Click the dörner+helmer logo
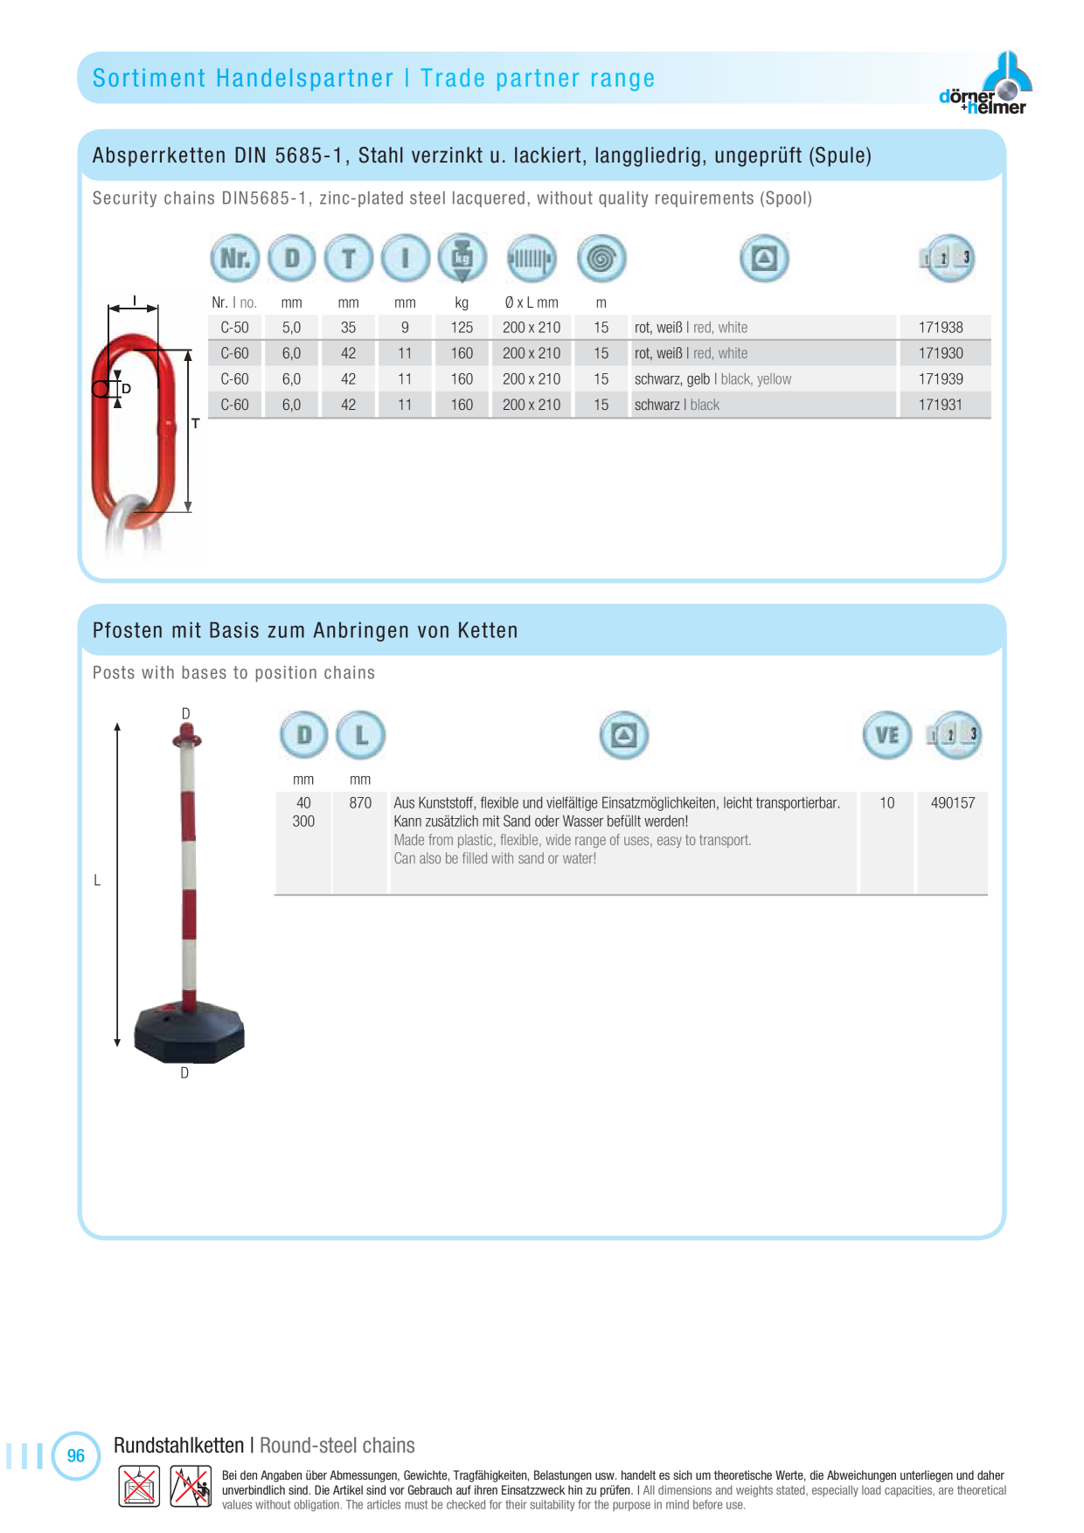click(985, 84)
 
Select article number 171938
click(941, 328)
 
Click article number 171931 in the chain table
click(941, 406)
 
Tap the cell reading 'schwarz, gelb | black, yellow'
click(712, 379)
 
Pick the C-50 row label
click(234, 328)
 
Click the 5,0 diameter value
click(291, 328)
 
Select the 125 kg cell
click(462, 328)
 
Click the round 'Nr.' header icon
click(235, 259)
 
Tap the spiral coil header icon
click(601, 259)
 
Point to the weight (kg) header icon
click(462, 259)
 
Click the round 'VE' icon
click(887, 735)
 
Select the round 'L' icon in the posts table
click(361, 735)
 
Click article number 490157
click(953, 803)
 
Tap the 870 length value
click(360, 803)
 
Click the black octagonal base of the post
click(190, 1032)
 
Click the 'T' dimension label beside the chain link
click(196, 423)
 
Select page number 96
click(76, 1456)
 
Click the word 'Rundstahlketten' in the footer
click(179, 1446)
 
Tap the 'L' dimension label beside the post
click(97, 881)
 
